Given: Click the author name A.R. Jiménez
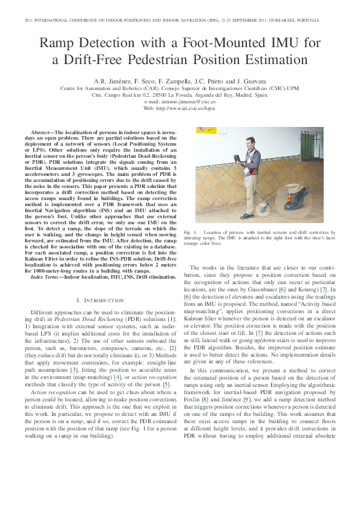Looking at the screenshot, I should click(110, 81).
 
